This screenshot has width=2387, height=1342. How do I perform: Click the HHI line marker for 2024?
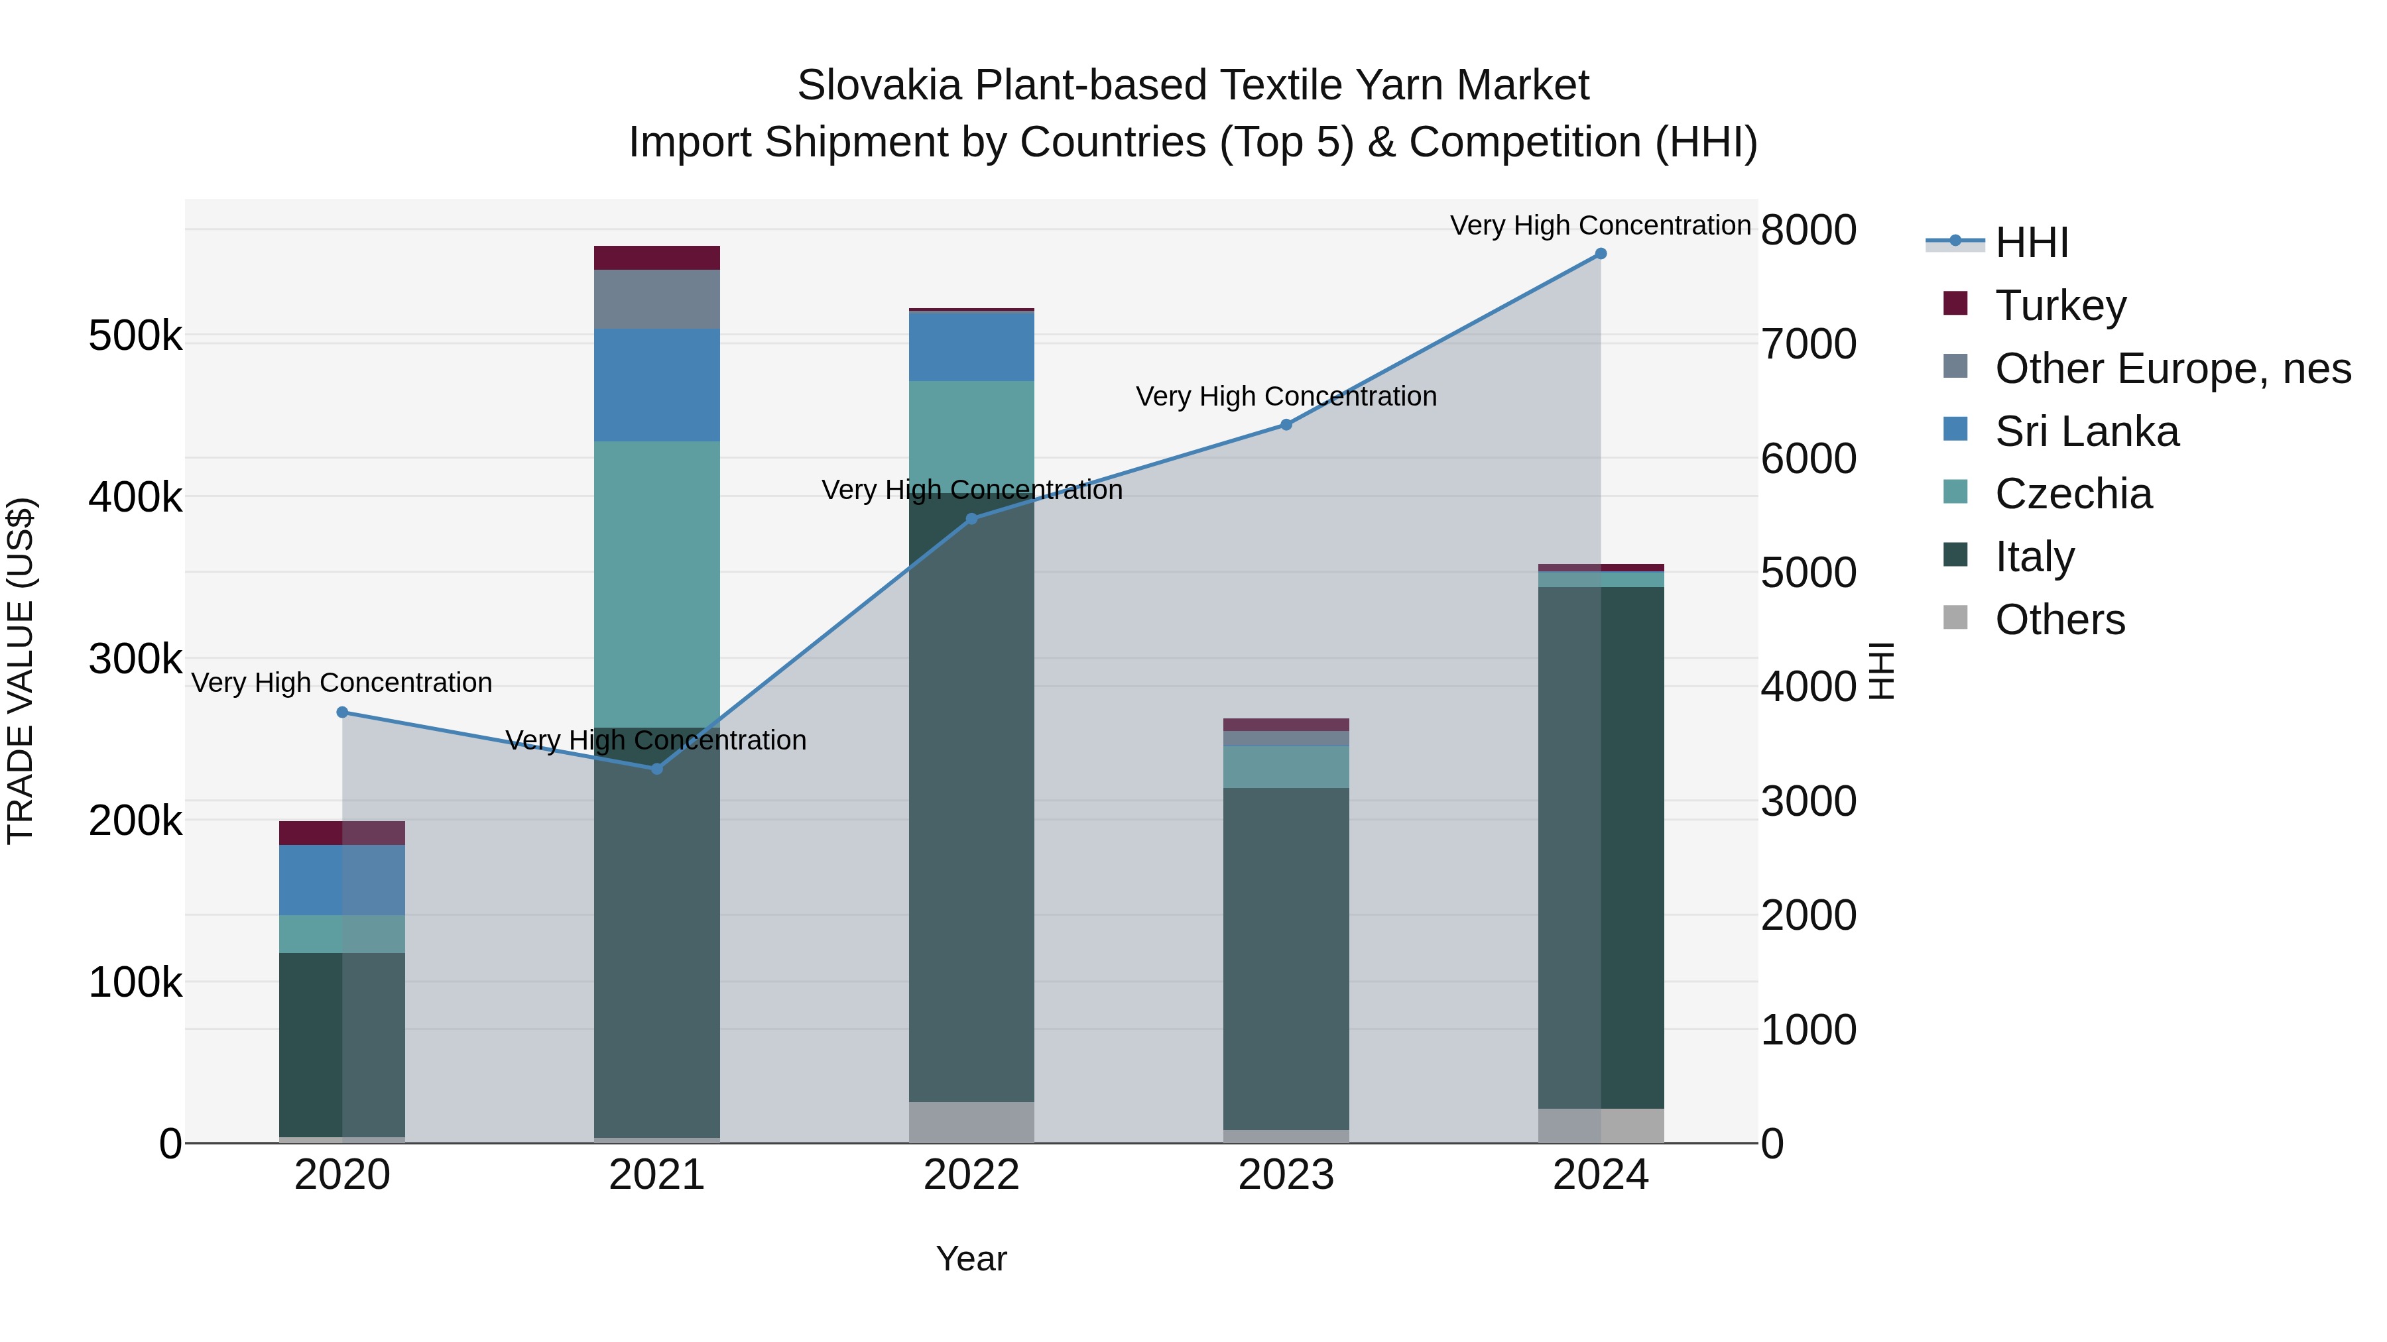(x=1601, y=254)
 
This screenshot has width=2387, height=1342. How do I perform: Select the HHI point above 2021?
(x=657, y=769)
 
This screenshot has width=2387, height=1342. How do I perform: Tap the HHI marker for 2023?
(x=1286, y=425)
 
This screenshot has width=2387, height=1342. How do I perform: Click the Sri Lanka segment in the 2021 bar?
(x=657, y=384)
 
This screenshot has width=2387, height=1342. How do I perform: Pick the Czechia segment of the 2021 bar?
(x=657, y=583)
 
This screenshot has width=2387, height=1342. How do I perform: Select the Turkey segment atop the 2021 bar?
(x=657, y=258)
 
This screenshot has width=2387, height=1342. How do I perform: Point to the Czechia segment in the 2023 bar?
(x=1286, y=767)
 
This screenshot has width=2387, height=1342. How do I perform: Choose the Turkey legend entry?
(x=2060, y=306)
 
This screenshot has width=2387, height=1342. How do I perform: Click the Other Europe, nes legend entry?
(x=2172, y=368)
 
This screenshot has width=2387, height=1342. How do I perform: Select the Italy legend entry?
(x=2034, y=557)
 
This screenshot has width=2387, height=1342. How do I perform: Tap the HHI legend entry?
(x=2031, y=243)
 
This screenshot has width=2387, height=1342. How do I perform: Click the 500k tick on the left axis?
(x=135, y=336)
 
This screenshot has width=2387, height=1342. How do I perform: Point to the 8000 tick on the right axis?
(x=1808, y=230)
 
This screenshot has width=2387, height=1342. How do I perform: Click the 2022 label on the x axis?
(x=971, y=1175)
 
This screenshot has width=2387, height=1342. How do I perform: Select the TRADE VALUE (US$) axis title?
(x=21, y=671)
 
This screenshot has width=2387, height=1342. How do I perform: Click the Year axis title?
(x=971, y=1258)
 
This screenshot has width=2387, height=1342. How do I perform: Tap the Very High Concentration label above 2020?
(x=342, y=683)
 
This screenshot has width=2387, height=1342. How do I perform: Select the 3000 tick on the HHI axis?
(x=1808, y=801)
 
